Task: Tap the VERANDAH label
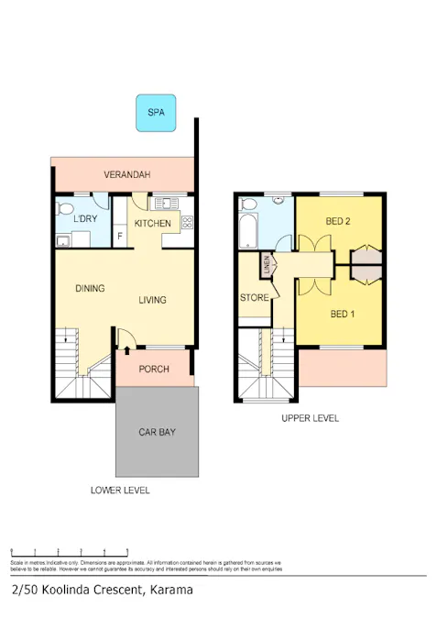pos(126,174)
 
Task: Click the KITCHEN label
pos(152,224)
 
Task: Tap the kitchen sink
pos(167,203)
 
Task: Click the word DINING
pos(90,288)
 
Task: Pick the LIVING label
pos(152,300)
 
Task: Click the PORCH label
pos(154,369)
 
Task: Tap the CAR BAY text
pos(157,431)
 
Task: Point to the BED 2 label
pos(339,221)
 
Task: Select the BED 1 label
pos(342,315)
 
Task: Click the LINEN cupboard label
pos(267,266)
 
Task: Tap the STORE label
pos(254,298)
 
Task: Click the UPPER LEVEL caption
pos(310,418)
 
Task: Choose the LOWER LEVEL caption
pos(120,491)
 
